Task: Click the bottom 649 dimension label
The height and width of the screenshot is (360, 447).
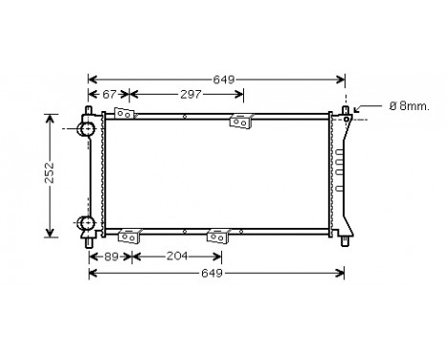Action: coord(212,274)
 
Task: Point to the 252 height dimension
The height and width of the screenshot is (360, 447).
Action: coord(34,174)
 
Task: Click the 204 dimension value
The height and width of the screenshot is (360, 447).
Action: coord(176,257)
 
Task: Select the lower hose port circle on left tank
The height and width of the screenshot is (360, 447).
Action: coord(87,225)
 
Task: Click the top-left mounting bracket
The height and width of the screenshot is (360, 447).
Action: coord(123,114)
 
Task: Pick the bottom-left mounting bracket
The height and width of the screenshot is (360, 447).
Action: coord(127,235)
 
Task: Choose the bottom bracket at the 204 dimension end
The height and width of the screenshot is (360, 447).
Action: coord(220,235)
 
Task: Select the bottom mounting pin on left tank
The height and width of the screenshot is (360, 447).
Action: coord(91,243)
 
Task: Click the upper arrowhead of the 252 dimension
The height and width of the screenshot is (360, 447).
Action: coord(50,118)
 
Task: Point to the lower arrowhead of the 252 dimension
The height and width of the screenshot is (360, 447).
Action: coord(50,231)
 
